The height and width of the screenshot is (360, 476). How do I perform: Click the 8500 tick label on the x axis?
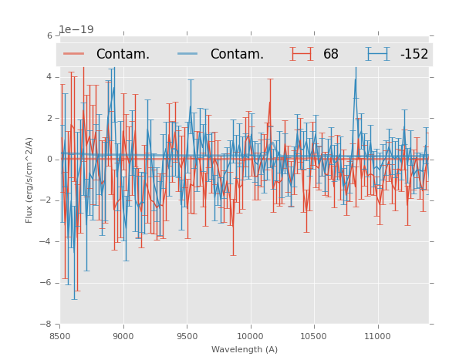point(60,336)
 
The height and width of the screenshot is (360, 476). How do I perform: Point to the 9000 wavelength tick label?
point(123,336)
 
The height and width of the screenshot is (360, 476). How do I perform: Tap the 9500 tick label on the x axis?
point(187,336)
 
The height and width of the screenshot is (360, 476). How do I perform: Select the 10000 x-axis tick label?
point(250,336)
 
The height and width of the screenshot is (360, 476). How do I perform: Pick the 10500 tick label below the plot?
point(314,336)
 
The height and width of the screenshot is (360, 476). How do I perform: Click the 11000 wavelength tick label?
point(377,336)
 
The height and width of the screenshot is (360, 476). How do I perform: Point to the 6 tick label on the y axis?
point(49,36)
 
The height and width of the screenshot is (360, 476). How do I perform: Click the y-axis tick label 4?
point(49,77)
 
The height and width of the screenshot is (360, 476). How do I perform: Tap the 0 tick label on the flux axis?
point(49,160)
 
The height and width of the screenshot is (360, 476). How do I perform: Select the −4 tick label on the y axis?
point(47,242)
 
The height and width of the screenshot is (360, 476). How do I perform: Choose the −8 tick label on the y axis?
point(47,324)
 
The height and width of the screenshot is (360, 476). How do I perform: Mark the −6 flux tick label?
point(47,283)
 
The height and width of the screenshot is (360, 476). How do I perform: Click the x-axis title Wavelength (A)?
point(245,349)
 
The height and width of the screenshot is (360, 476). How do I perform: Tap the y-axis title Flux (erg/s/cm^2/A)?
point(29,180)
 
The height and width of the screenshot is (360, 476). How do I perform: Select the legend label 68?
point(331,55)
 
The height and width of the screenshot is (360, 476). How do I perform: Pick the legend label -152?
point(414,55)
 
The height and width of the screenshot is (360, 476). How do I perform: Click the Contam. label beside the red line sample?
point(123,55)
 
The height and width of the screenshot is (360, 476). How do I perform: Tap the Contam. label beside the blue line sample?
point(237,55)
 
